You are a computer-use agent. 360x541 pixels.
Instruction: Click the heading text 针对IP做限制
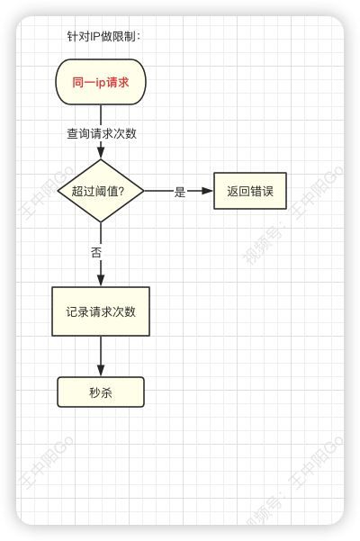click(103, 36)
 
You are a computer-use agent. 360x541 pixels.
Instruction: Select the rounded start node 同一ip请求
click(101, 82)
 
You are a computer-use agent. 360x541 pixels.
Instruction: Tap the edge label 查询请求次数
click(102, 133)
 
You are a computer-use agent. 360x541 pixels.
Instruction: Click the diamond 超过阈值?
click(101, 191)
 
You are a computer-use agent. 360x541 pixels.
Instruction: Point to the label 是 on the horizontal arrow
click(180, 192)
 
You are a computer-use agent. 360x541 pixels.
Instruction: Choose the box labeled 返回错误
click(250, 191)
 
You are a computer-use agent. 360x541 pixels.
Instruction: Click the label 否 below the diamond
click(96, 252)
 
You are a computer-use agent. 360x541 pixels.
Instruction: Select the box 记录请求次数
click(101, 311)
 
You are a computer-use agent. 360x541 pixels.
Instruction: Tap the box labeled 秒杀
click(101, 392)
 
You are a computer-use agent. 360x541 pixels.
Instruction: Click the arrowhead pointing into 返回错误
click(207, 191)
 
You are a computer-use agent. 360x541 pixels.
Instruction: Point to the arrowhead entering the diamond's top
click(101, 153)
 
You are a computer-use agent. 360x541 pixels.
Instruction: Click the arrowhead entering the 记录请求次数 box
click(101, 281)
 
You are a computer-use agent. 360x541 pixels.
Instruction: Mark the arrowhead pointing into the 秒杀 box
click(101, 371)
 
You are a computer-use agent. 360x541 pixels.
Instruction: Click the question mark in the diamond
click(121, 191)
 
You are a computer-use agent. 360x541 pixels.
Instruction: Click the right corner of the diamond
click(144, 191)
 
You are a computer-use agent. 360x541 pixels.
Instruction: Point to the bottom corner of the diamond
click(101, 222)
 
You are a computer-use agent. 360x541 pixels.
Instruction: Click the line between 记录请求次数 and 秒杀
click(101, 356)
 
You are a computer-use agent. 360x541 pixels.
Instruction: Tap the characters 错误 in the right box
click(262, 191)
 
